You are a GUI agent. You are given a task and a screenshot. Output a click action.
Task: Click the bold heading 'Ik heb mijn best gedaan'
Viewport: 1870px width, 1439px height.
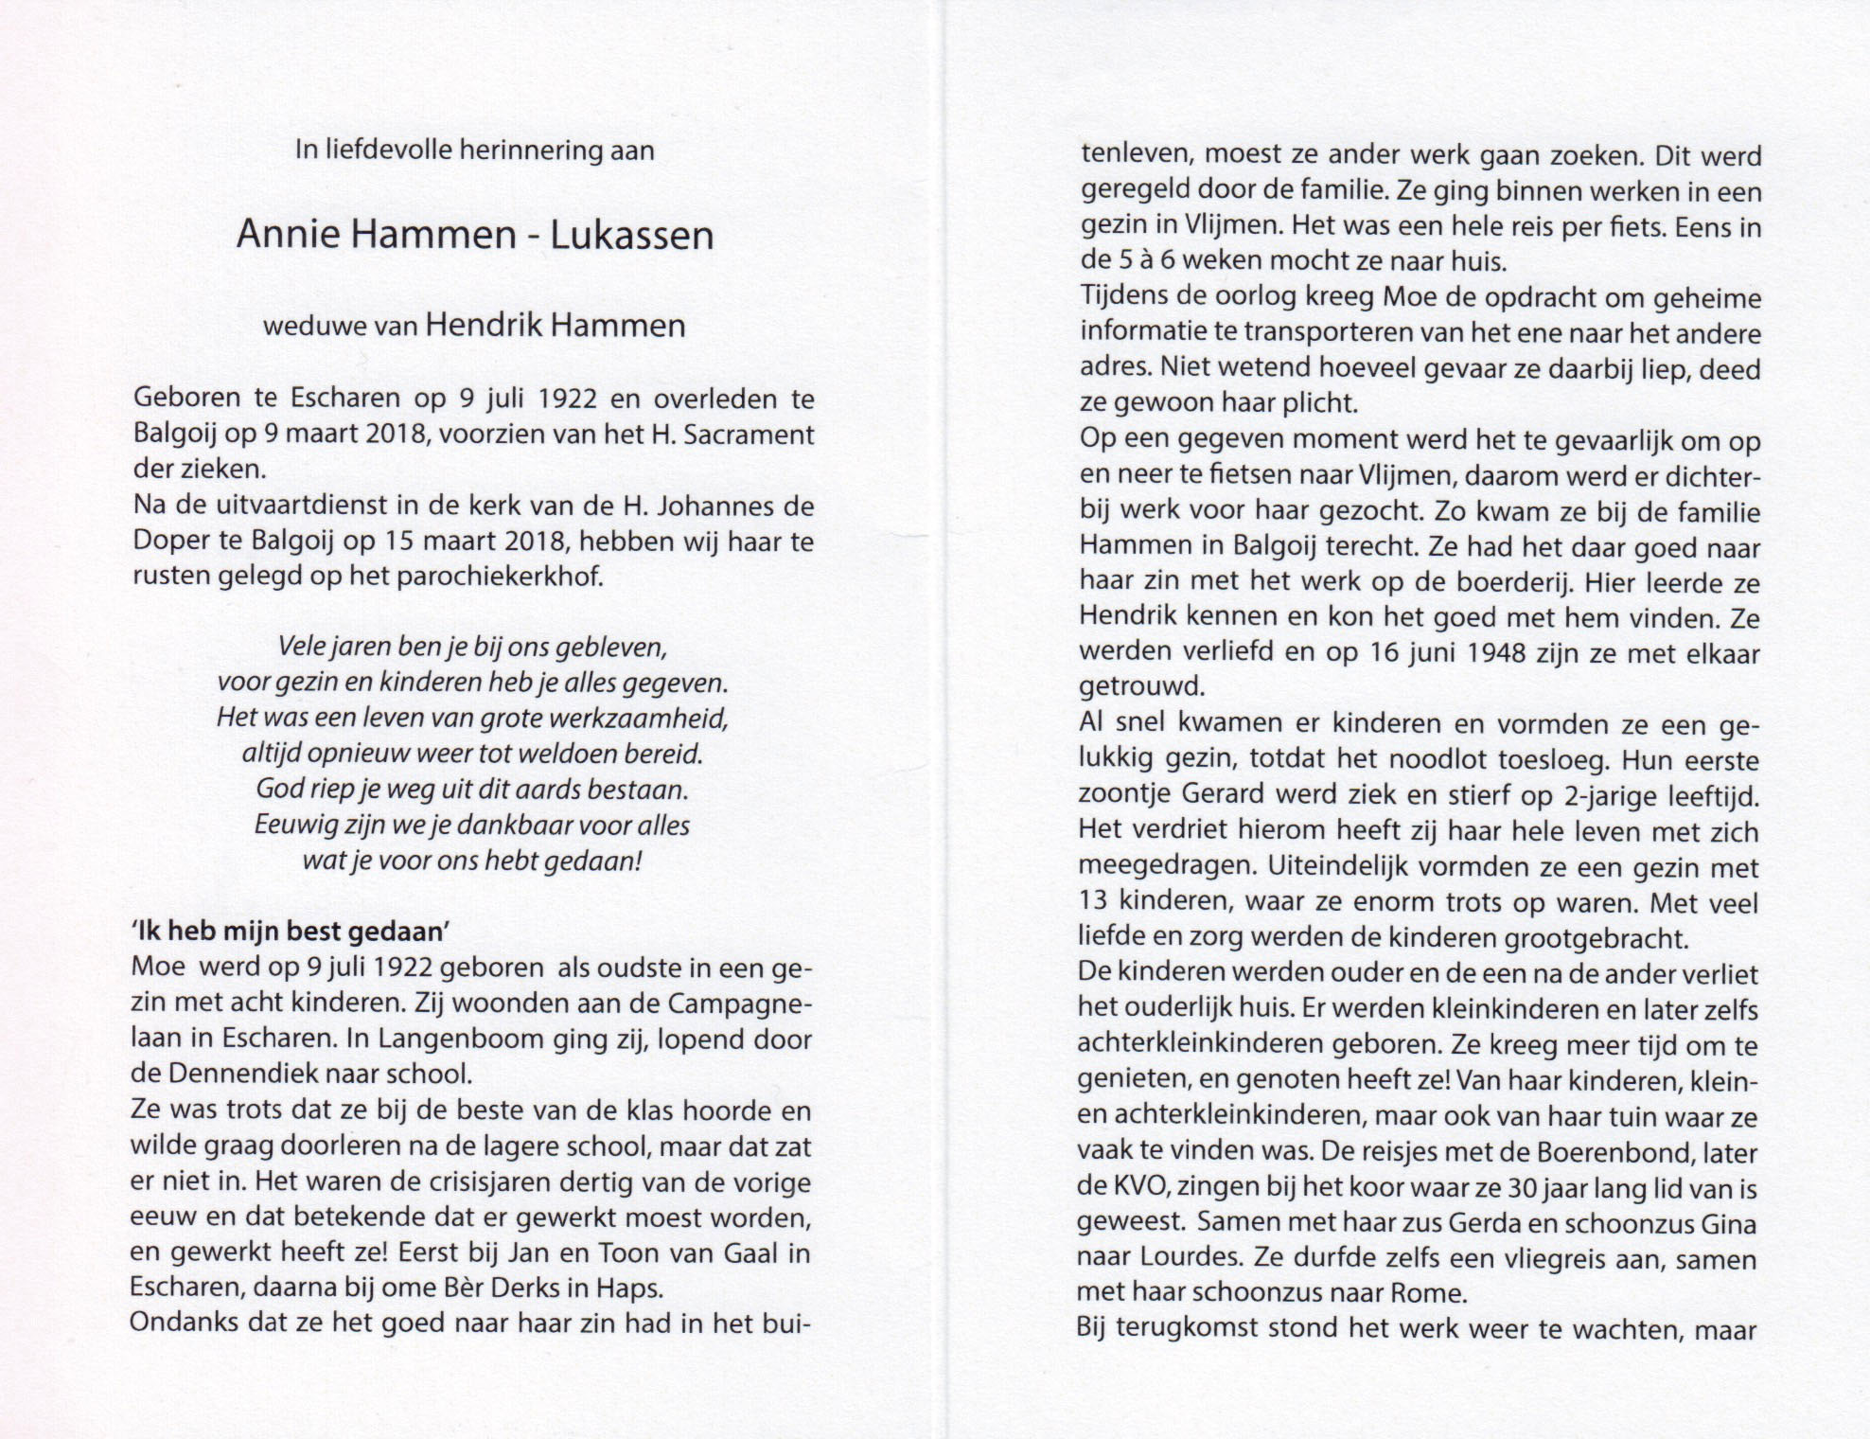(290, 932)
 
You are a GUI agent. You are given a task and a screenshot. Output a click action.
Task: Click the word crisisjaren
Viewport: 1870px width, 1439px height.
(508, 1181)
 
